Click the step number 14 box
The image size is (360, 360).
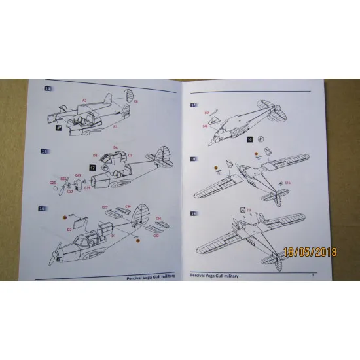pos(46,88)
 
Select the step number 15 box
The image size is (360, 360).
pos(45,151)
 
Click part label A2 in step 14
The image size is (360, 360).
pos(84,100)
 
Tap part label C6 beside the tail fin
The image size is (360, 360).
pos(135,102)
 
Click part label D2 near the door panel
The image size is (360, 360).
pos(69,230)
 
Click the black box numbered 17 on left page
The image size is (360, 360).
pos(92,168)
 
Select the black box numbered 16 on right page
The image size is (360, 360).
pos(249,139)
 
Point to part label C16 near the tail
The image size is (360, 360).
pos(287,183)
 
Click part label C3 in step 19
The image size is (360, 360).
pos(249,209)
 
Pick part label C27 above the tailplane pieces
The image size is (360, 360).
pos(104,207)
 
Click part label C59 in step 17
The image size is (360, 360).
pos(207,112)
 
